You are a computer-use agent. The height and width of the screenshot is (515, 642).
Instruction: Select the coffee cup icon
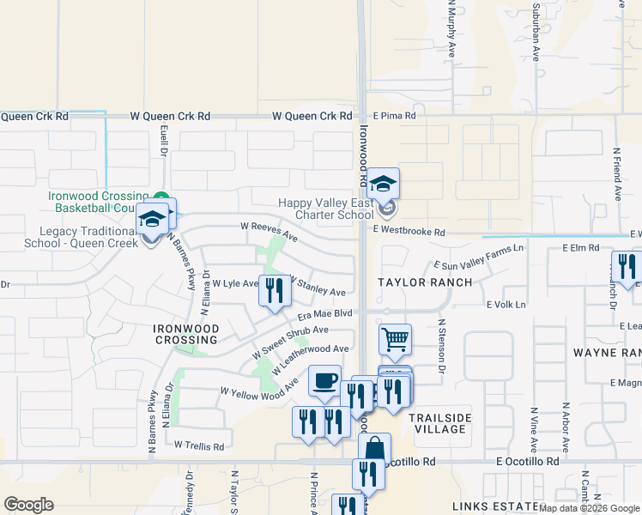click(x=324, y=380)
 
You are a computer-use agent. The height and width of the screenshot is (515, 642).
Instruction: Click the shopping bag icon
click(x=374, y=447)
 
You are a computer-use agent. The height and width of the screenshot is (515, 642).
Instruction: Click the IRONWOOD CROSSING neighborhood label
click(x=185, y=334)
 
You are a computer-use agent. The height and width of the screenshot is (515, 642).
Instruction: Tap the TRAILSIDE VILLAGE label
click(x=440, y=423)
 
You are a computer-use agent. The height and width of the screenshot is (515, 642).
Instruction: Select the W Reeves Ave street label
click(x=269, y=232)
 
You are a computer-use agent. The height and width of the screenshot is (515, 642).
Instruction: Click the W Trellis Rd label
click(x=198, y=445)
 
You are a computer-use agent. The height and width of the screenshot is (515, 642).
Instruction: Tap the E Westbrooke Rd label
click(x=409, y=233)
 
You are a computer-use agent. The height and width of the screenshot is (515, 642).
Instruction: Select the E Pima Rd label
click(x=394, y=115)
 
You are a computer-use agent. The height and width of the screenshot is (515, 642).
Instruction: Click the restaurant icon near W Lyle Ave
click(x=275, y=290)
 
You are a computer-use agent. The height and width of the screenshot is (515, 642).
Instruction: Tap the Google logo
click(x=28, y=505)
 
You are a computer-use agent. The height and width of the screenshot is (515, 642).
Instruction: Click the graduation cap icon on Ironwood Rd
click(x=384, y=183)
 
